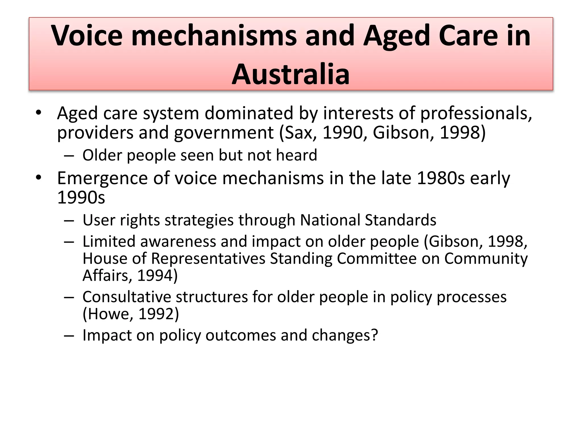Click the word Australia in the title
pos(291,74)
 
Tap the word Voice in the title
pos(87,36)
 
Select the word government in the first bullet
pos(224,133)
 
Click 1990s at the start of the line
pos(81,198)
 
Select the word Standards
pos(400,220)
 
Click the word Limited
pos(109,242)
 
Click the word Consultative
pos(127,297)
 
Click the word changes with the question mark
pos(345,335)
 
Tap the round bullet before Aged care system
pos(39,113)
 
